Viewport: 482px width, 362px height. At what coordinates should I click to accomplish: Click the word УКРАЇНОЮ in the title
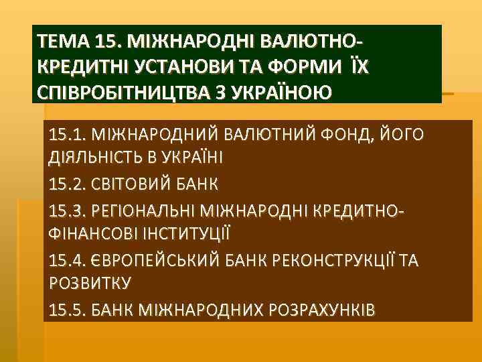pyautogui.click(x=274, y=90)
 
